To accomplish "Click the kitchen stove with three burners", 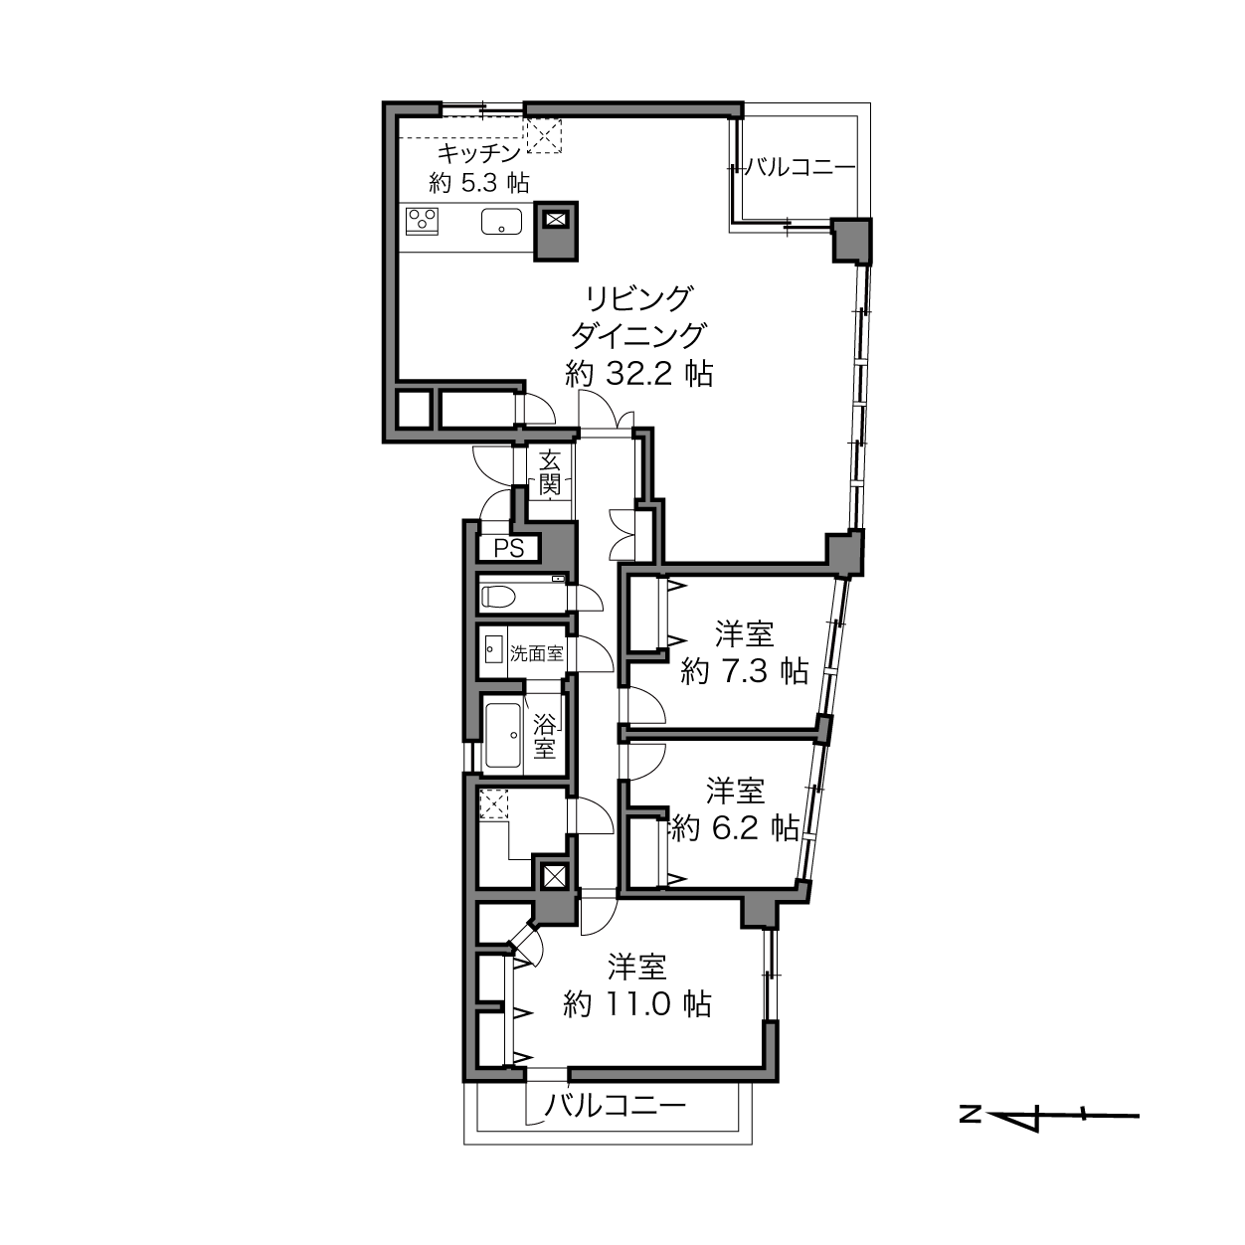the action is pyautogui.click(x=422, y=221).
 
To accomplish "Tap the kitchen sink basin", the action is pyautogui.click(x=501, y=222).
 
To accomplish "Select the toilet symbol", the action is pyautogui.click(x=498, y=597).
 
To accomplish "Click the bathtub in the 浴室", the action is pyautogui.click(x=503, y=735).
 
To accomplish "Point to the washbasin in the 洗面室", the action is pyautogui.click(x=493, y=648).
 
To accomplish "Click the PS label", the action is pyautogui.click(x=509, y=549).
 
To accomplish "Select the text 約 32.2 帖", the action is pyautogui.click(x=639, y=374).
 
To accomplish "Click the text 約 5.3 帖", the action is pyautogui.click(x=479, y=183).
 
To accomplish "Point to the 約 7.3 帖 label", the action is pyautogui.click(x=745, y=671).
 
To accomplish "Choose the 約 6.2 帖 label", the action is pyautogui.click(x=735, y=827).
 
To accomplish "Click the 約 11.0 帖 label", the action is pyautogui.click(x=637, y=1004).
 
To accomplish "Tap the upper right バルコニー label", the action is pyautogui.click(x=801, y=168).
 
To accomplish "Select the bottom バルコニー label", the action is pyautogui.click(x=616, y=1106).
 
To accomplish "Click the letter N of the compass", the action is pyautogui.click(x=971, y=1115).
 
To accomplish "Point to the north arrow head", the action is pyautogui.click(x=1014, y=1115).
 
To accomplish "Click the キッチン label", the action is pyautogui.click(x=479, y=154).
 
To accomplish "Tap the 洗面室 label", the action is pyautogui.click(x=537, y=653).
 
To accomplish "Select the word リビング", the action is pyautogui.click(x=639, y=298).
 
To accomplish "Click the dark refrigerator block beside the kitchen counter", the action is pyautogui.click(x=556, y=232).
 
